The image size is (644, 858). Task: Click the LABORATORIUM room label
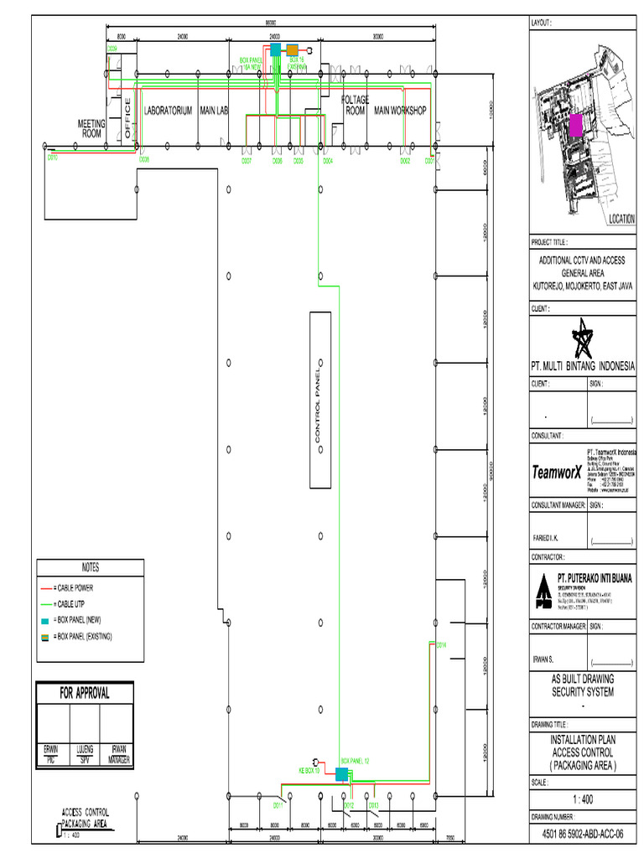(169, 111)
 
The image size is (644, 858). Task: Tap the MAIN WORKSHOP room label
(400, 111)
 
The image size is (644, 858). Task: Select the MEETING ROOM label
(91, 128)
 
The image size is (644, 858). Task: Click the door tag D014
(442, 644)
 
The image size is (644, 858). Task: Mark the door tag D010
(52, 158)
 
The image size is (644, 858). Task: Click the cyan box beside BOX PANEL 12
(341, 775)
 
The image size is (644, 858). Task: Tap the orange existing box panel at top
(293, 49)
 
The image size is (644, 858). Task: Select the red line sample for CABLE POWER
(47, 588)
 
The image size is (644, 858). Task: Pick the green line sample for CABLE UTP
(47, 604)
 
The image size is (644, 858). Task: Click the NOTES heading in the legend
(91, 568)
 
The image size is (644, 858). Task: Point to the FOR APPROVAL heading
(84, 694)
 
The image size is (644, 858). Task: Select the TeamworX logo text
(557, 472)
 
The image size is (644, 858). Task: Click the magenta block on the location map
(575, 126)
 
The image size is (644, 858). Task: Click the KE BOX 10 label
(309, 769)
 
